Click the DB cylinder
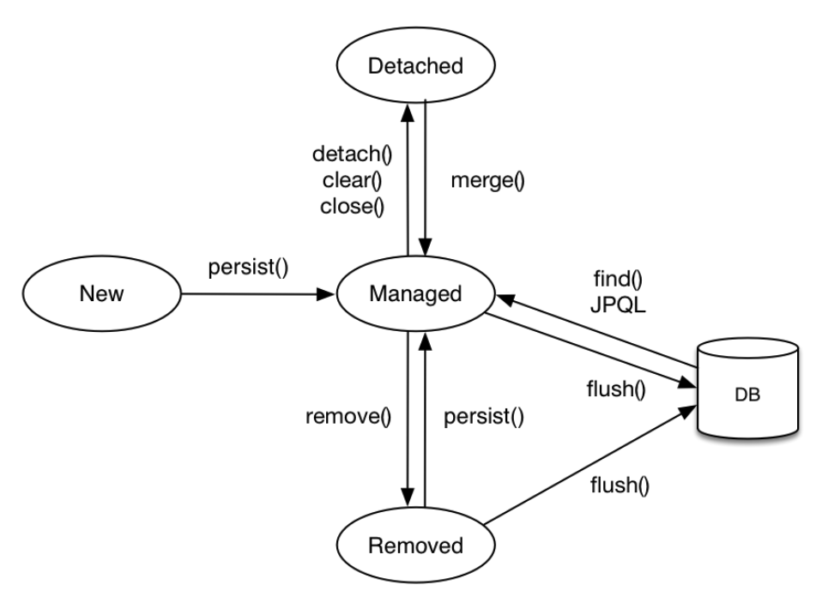(x=747, y=389)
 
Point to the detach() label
(x=353, y=154)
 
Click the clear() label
(x=353, y=180)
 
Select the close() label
(x=353, y=207)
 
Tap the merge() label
(x=487, y=181)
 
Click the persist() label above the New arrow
(x=248, y=268)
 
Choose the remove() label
(x=348, y=417)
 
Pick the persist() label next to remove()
(x=484, y=417)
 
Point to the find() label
(x=618, y=279)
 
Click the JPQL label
(x=618, y=305)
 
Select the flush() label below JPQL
(x=616, y=389)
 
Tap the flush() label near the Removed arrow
(x=620, y=485)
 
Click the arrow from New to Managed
(x=257, y=294)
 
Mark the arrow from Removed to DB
(x=590, y=464)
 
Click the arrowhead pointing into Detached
(x=408, y=112)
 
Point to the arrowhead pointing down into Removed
(x=408, y=497)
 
